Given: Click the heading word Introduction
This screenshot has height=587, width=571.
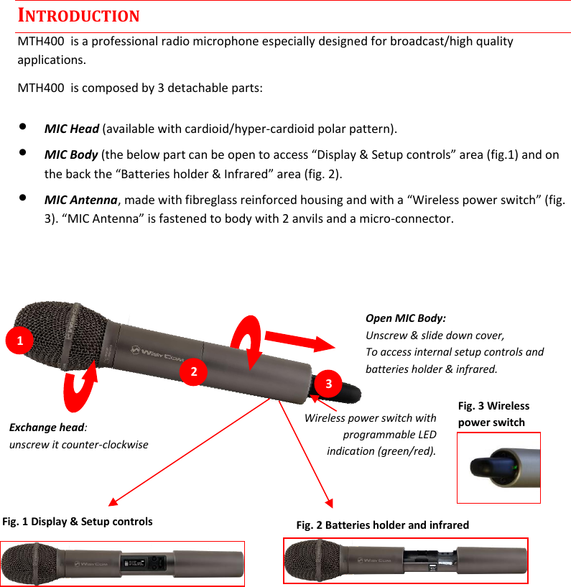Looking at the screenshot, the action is click(x=78, y=15).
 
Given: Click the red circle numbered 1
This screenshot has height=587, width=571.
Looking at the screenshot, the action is click(x=20, y=339).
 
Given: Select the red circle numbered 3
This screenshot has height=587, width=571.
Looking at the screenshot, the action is click(x=328, y=383).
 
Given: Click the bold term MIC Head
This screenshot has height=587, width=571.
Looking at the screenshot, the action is click(x=72, y=129).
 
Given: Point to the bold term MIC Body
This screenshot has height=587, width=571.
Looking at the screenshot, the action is click(x=72, y=155).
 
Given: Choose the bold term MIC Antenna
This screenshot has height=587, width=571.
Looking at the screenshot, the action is click(x=80, y=199).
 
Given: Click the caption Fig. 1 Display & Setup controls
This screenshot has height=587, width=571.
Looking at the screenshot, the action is click(x=78, y=522).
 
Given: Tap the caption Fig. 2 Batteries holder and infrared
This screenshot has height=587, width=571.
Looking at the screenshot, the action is click(x=382, y=525).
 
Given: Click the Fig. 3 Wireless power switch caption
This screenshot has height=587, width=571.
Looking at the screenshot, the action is click(x=493, y=415).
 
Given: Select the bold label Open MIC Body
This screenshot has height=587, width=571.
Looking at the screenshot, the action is click(x=405, y=318).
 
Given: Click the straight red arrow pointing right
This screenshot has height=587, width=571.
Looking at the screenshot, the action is click(x=300, y=338).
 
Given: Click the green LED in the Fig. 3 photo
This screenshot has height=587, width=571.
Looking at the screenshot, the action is click(x=515, y=471).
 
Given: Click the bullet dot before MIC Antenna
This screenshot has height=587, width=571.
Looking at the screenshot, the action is click(x=24, y=196).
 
